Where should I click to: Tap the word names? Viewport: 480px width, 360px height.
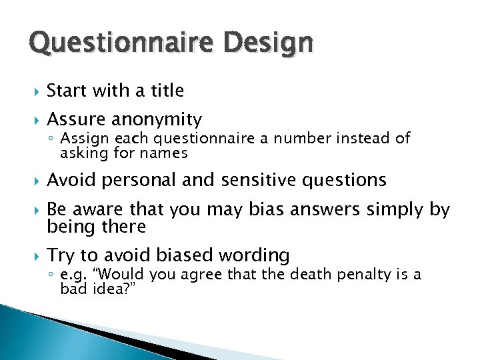[x=167, y=153]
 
